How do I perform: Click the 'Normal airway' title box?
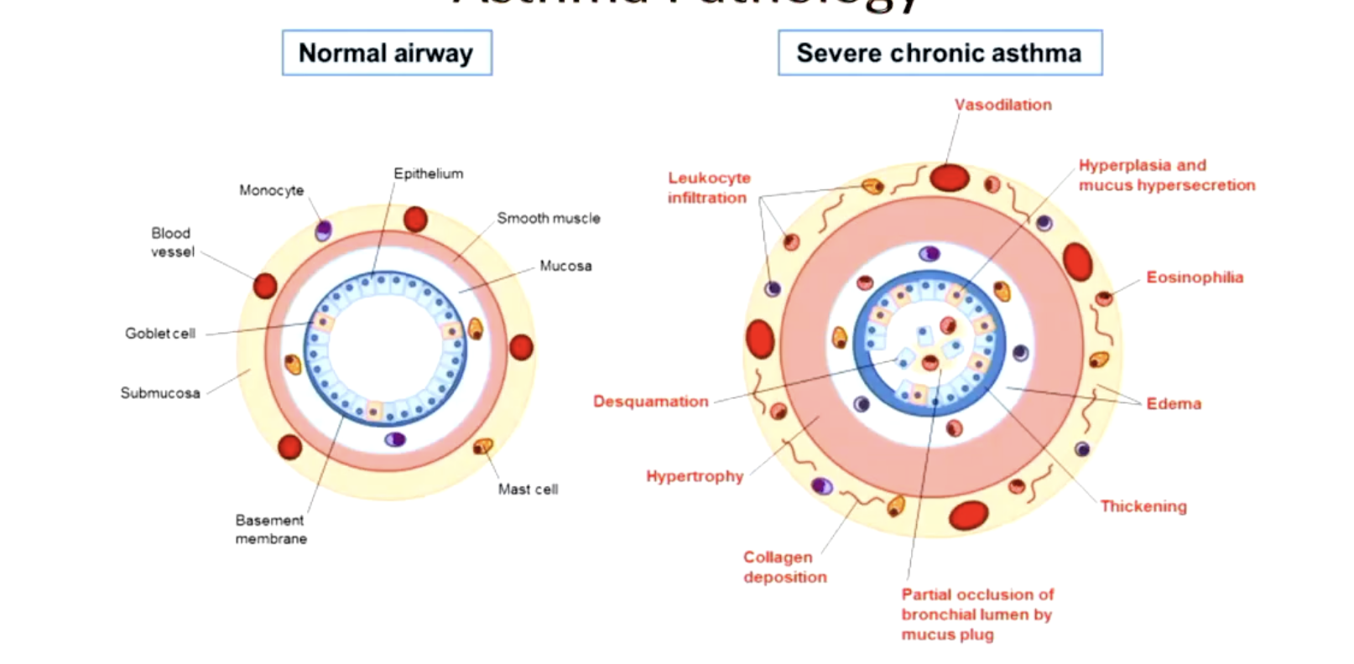click(x=386, y=53)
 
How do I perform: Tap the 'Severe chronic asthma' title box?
click(x=939, y=53)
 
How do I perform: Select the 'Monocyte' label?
click(x=271, y=190)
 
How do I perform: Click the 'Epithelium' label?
click(x=428, y=174)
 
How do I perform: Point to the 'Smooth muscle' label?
click(x=549, y=218)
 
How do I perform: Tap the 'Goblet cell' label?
click(x=160, y=333)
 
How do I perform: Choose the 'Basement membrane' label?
click(x=270, y=529)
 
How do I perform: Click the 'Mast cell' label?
click(x=528, y=489)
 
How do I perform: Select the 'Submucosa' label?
click(x=160, y=392)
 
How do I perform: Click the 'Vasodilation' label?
click(x=1002, y=105)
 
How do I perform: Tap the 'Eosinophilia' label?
click(x=1195, y=278)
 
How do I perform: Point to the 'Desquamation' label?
click(x=650, y=402)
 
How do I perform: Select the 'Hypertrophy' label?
click(x=695, y=476)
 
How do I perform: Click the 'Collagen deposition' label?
click(x=784, y=567)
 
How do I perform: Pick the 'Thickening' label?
click(x=1143, y=506)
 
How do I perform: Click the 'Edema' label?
click(x=1174, y=403)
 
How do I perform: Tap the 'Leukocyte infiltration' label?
click(x=709, y=188)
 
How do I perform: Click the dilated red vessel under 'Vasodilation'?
click(x=949, y=178)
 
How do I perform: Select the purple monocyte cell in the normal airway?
click(x=323, y=230)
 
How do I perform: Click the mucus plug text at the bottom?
click(x=977, y=615)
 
